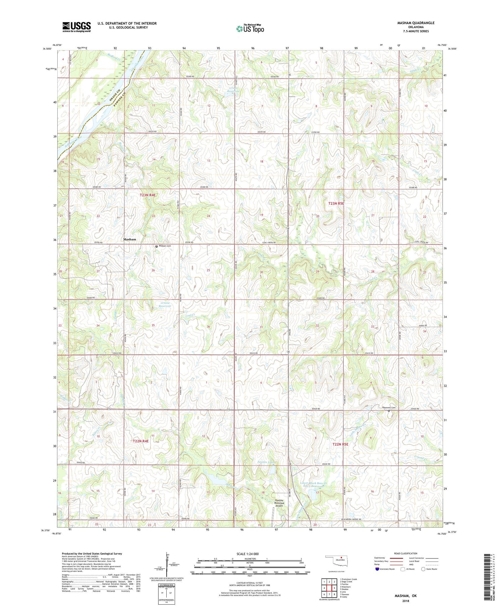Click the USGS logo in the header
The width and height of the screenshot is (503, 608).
tap(76, 27)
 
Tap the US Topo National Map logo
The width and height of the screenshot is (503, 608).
tap(250, 29)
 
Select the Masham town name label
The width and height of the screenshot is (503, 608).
tap(130, 239)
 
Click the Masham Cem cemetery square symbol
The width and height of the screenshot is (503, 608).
tap(156, 246)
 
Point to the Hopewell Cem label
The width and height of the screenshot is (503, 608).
tap(389, 407)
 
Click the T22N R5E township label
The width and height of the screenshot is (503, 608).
tap(340, 444)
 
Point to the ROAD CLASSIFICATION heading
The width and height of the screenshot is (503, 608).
tap(406, 553)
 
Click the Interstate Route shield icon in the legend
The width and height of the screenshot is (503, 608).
tap(378, 569)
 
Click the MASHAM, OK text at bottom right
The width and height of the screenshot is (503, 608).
tap(405, 596)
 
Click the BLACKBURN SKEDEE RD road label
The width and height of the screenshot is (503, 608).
tap(351, 519)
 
